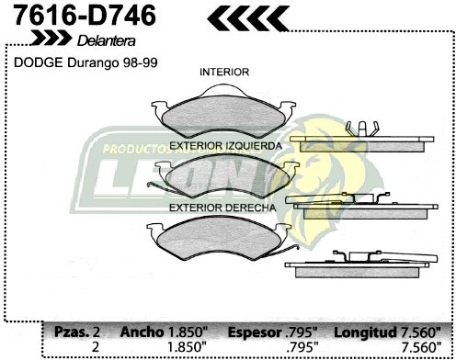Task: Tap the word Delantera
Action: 108,41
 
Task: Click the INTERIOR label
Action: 224,72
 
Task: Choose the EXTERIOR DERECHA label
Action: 222,208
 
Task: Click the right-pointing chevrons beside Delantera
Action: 51,39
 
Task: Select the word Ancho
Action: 141,332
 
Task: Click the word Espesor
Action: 254,332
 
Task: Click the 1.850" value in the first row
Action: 188,332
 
